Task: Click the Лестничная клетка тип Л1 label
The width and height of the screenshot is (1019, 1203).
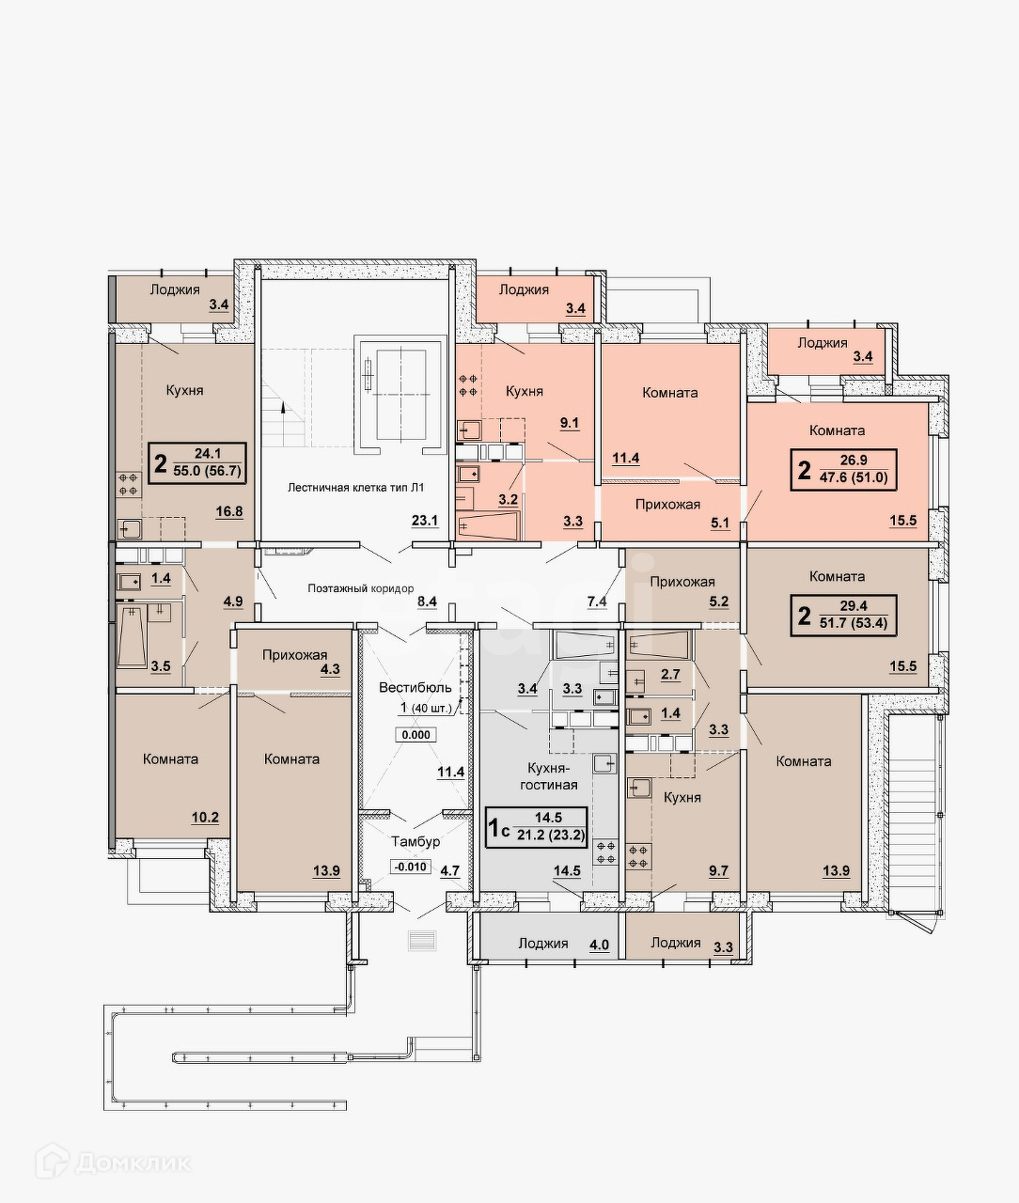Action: [x=355, y=487]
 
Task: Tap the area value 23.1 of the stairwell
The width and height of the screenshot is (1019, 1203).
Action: [x=425, y=521]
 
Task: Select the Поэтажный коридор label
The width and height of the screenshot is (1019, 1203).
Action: [x=360, y=588]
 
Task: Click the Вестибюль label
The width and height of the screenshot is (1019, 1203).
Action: [x=415, y=687]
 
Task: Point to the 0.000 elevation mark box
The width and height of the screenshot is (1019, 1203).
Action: [x=415, y=735]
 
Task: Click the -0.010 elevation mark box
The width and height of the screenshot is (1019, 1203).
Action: [x=411, y=867]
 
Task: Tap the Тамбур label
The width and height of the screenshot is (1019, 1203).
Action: [x=415, y=841]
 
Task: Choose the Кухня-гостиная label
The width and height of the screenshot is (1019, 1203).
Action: [x=549, y=776]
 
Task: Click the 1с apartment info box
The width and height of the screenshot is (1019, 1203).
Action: [x=536, y=827]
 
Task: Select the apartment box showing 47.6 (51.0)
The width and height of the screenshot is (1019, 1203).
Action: [x=842, y=470]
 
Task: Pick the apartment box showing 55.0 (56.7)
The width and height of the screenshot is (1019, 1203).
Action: [x=197, y=463]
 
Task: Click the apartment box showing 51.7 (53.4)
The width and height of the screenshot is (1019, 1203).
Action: [x=842, y=616]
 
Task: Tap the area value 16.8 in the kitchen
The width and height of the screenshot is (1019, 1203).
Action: [x=228, y=511]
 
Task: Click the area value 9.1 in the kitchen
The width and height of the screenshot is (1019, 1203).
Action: [x=570, y=423]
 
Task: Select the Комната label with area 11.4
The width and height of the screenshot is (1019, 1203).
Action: [x=669, y=392]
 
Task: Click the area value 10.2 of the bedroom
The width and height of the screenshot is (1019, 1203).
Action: [x=205, y=817]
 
